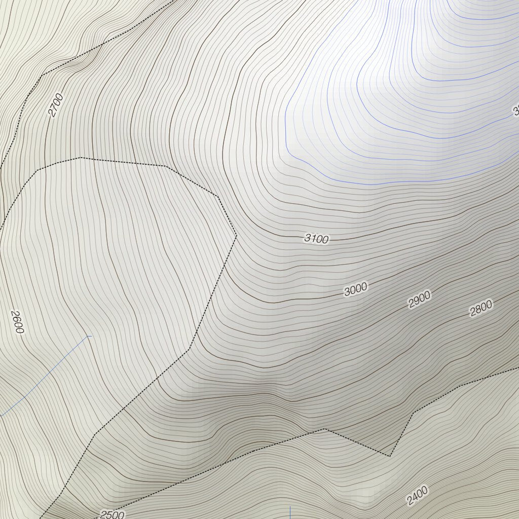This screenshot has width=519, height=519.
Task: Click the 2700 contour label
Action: click(56, 105)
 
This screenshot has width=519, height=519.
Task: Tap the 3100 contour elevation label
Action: click(317, 239)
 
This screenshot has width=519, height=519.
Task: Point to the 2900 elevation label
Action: click(419, 300)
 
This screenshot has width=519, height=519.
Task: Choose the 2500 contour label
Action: click(112, 514)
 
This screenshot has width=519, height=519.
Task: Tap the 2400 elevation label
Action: click(417, 495)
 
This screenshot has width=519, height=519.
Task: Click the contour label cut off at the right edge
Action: click(516, 110)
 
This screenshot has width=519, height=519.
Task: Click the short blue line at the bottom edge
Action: click(290, 512)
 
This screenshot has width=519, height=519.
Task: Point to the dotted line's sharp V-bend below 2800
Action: click(390, 456)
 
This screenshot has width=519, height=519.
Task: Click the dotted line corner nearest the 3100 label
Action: click(236, 235)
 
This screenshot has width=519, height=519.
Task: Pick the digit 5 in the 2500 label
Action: click(109, 515)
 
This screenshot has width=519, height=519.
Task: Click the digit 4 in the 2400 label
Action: click(415, 497)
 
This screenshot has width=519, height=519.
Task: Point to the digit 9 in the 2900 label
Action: click(417, 301)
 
